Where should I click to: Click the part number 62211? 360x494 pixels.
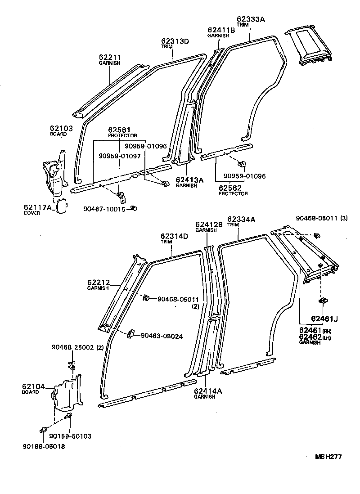[x=110, y=58]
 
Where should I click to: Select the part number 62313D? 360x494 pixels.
[x=175, y=41]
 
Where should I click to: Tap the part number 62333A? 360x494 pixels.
[x=251, y=19]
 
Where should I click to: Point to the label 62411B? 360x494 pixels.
[x=221, y=30]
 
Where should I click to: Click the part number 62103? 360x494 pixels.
[x=61, y=128]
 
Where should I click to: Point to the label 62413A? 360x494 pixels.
[x=189, y=180]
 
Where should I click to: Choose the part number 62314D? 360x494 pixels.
[x=175, y=236]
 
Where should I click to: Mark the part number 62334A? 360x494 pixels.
[x=241, y=219]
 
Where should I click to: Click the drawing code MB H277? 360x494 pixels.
[x=328, y=456]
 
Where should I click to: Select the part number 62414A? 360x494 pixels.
[x=208, y=391]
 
